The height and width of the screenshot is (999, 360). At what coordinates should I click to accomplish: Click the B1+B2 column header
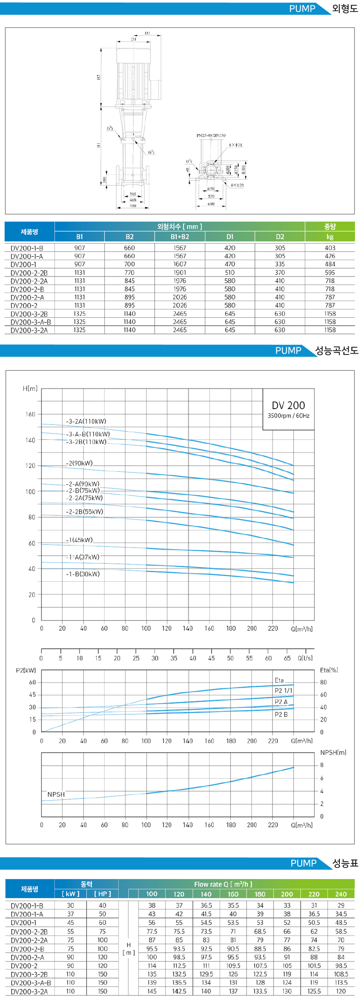[180, 236]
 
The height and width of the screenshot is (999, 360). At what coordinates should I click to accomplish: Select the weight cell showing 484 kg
[330, 264]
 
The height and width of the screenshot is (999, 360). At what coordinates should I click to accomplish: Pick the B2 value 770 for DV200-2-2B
[129, 272]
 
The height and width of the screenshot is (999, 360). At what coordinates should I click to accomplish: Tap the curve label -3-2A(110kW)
[86, 421]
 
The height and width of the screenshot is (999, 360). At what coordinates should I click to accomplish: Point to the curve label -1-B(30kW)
[83, 574]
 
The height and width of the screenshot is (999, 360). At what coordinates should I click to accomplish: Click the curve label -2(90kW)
[80, 463]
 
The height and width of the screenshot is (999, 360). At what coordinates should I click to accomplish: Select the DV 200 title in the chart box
[288, 405]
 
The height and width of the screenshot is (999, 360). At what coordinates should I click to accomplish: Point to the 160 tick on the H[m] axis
[31, 414]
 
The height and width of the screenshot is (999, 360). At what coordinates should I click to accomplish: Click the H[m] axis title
[30, 388]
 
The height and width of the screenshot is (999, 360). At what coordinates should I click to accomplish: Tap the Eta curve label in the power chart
[279, 681]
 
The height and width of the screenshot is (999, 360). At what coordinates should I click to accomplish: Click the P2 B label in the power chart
[281, 714]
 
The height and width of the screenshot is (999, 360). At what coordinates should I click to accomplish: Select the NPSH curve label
[56, 794]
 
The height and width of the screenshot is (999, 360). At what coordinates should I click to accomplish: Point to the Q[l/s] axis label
[305, 658]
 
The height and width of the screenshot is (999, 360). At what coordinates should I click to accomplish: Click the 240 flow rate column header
[341, 894]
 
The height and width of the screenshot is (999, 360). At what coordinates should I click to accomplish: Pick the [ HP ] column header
[103, 894]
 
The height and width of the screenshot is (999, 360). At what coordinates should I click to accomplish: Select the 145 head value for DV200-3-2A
[152, 991]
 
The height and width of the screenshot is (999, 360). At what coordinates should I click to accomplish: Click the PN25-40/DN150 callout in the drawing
[211, 136]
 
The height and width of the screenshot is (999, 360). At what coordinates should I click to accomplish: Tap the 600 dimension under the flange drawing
[211, 204]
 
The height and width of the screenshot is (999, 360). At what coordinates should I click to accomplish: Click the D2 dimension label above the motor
[147, 33]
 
